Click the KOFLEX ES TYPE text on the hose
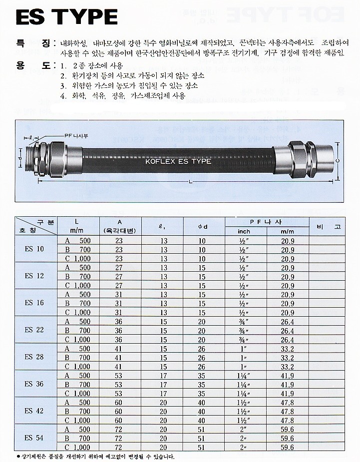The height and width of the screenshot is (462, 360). point(178,161)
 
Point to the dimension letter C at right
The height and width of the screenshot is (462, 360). point(338,160)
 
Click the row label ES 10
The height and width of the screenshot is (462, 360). point(34,249)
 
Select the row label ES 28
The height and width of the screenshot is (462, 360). point(34,357)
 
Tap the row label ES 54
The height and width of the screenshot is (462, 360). point(34,438)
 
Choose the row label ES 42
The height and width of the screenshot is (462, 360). point(34,411)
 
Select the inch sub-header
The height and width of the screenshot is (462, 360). point(245,231)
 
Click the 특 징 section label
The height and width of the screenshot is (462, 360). point(33,44)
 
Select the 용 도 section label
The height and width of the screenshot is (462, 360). point(33,65)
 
